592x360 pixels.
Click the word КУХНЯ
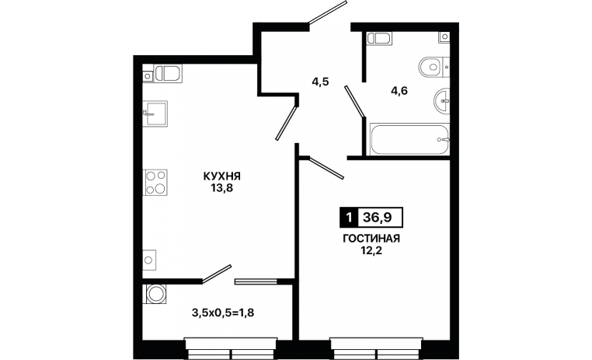[222, 176]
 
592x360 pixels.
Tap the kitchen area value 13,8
[222, 187]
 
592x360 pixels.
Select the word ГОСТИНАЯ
[371, 239]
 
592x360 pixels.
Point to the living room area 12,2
[371, 250]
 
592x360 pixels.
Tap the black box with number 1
[349, 218]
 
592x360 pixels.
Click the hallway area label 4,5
[320, 82]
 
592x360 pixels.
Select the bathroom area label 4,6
[399, 91]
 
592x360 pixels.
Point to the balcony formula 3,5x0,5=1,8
[222, 313]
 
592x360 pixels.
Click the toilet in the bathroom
[434, 67]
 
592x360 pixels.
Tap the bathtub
[409, 139]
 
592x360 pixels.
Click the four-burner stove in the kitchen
[155, 183]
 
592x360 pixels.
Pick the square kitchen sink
[155, 114]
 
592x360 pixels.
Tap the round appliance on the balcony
[155, 294]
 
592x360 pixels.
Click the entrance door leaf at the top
[328, 13]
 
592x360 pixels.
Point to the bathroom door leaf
[354, 101]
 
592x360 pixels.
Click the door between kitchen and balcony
[217, 274]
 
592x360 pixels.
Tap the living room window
[377, 348]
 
